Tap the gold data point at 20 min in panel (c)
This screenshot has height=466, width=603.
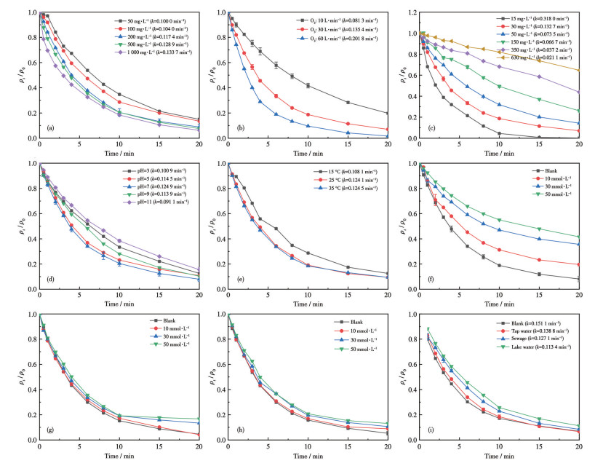click(x=578, y=70)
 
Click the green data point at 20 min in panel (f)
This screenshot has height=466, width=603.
click(x=578, y=237)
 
